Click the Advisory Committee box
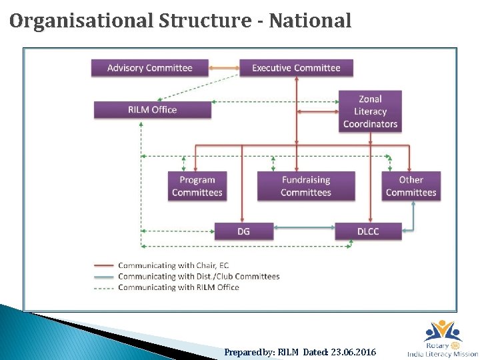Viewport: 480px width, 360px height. (149, 68)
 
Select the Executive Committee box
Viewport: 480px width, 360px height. (296, 68)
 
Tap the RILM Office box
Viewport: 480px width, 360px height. (152, 109)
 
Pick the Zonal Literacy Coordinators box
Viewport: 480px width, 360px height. (370, 111)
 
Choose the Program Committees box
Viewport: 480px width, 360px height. (197, 186)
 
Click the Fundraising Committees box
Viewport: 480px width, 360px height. (306, 186)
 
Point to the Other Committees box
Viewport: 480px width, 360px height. (411, 186)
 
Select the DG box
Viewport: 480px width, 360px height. (244, 231)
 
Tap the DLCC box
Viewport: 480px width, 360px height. (368, 231)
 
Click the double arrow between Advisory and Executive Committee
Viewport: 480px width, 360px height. (224, 68)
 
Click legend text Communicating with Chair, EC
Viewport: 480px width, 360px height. (173, 265)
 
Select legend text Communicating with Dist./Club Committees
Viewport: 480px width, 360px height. (199, 276)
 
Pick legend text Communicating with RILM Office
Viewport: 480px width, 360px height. (178, 287)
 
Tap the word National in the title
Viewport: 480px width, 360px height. (313, 21)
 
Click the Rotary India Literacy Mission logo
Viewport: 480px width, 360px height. (442, 339)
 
